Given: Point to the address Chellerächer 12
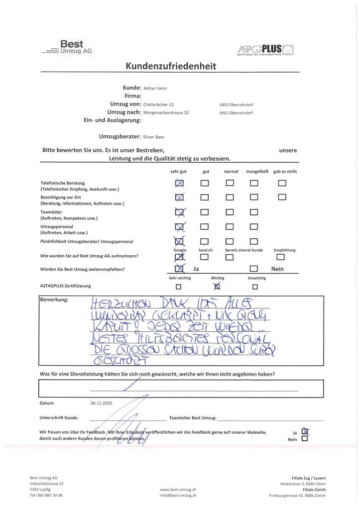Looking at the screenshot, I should coord(158,104).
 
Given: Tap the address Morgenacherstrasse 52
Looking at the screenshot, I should coord(166,112).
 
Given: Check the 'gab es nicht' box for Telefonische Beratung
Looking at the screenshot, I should coord(282,183).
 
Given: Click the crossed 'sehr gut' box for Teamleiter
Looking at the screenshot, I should coord(179,213).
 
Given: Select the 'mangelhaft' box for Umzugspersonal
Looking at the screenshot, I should coord(254,228).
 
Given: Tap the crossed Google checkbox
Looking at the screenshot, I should coord(179,257).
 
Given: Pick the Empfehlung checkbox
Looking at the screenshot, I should coord(280,257).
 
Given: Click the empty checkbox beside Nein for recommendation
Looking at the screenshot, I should coord(254,269).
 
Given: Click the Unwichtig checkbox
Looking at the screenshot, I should coord(255,287).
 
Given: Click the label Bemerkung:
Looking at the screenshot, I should coord(54,301).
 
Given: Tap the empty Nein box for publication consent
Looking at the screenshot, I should coord(305,439).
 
